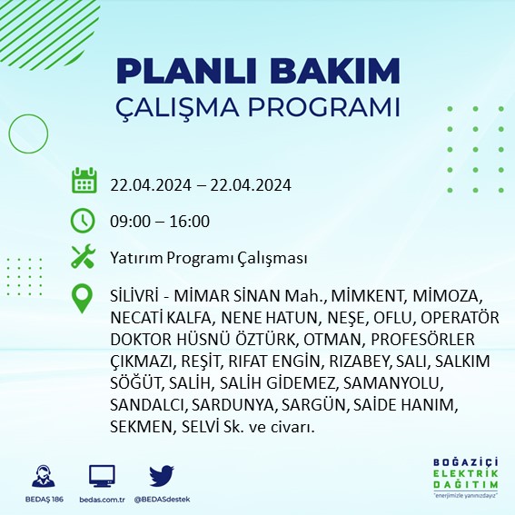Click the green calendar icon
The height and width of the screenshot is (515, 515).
click(x=84, y=181)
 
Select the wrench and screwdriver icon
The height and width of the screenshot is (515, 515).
click(x=84, y=258)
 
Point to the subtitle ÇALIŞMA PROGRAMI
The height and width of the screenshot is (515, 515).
click(x=258, y=106)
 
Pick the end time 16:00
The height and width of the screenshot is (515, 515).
click(x=190, y=222)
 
